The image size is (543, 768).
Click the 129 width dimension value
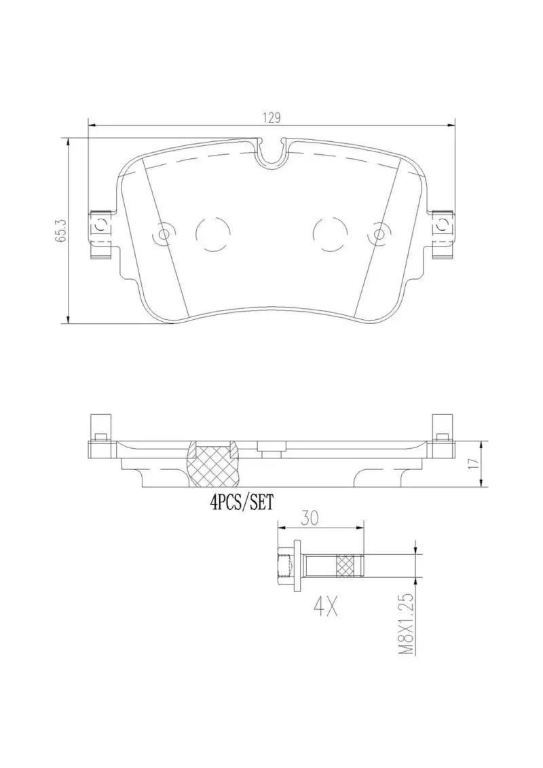pyautogui.click(x=272, y=117)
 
